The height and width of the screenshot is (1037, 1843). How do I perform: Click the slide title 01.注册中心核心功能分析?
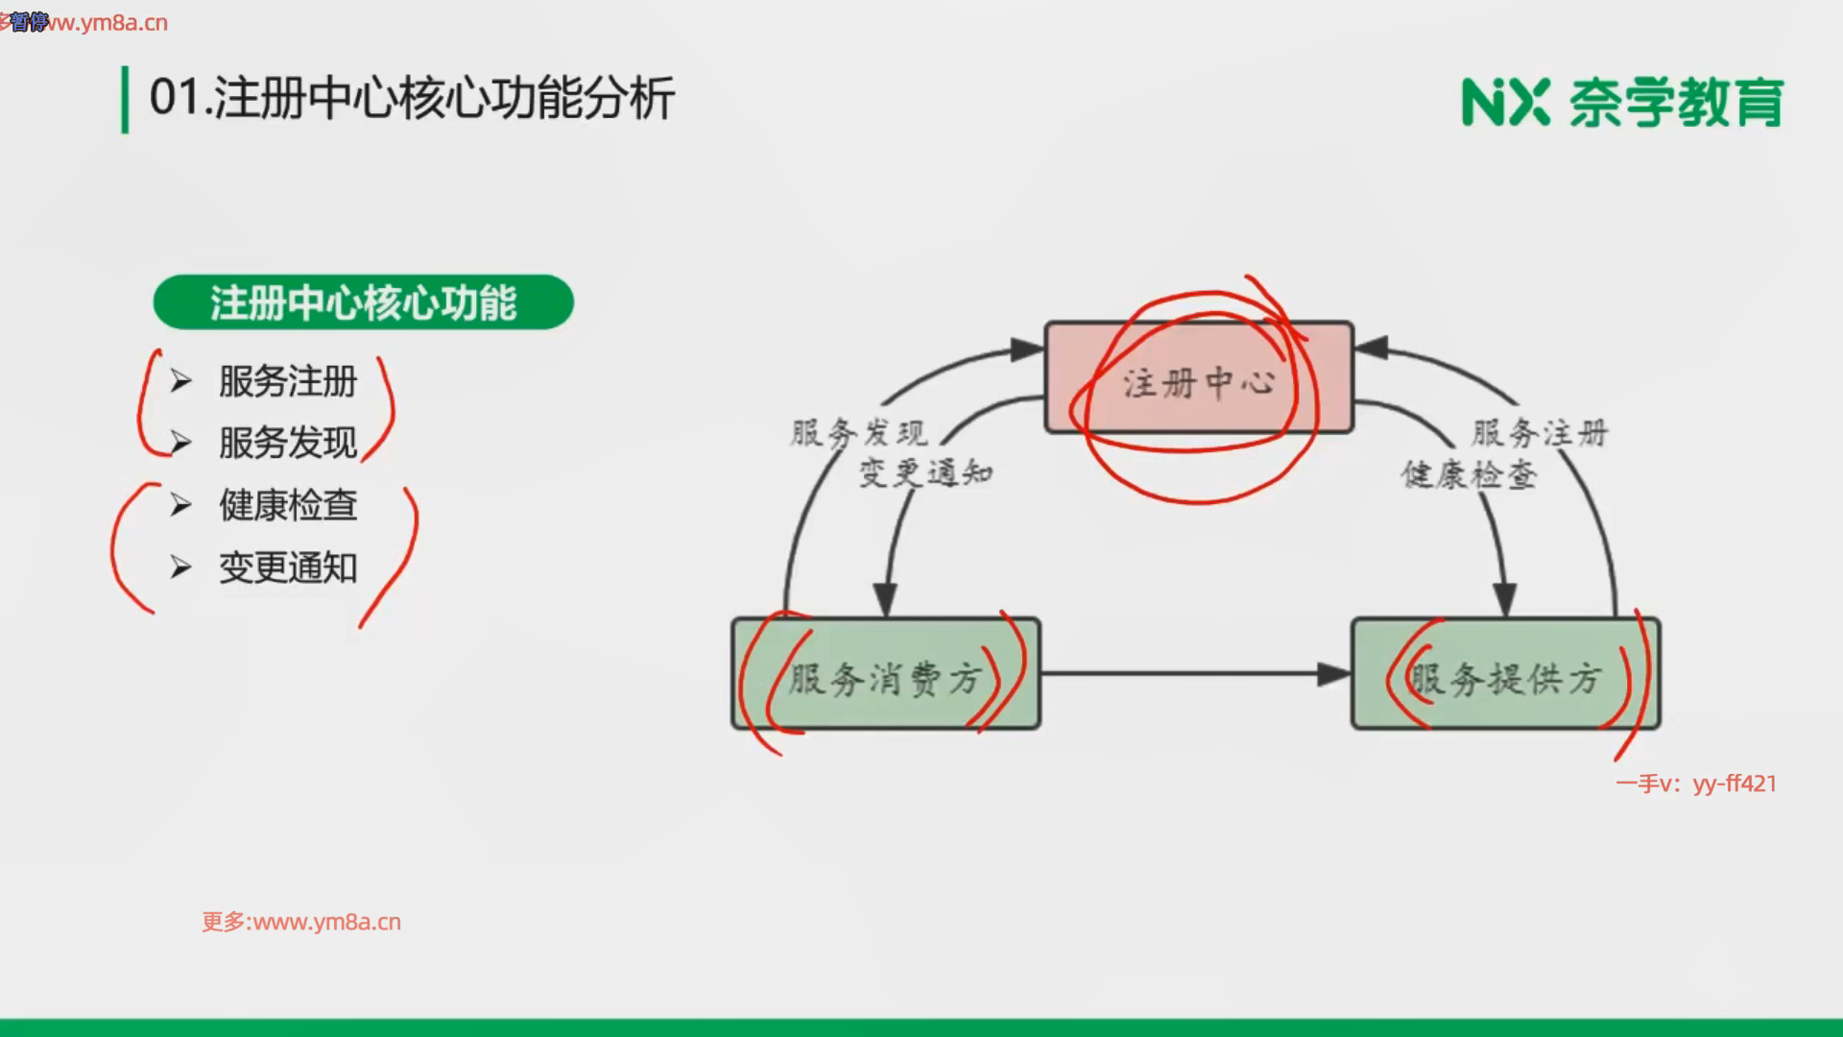(x=412, y=99)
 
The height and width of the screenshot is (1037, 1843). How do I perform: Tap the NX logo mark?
(x=1505, y=102)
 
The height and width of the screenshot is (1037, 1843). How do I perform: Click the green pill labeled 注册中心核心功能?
(x=363, y=302)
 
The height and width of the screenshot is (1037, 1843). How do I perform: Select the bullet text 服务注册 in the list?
(x=288, y=381)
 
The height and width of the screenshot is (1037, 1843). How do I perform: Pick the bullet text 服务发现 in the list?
(x=288, y=443)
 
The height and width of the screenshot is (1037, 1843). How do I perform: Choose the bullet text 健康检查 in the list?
(x=288, y=505)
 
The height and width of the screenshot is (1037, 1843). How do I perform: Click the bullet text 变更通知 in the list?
(x=288, y=567)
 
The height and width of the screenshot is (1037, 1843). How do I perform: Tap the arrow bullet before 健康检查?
(x=180, y=505)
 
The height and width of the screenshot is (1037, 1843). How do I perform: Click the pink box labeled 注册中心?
(x=1199, y=377)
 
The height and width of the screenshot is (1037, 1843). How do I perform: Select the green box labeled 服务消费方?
(x=885, y=674)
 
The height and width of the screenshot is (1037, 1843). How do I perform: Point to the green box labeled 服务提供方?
(x=1505, y=674)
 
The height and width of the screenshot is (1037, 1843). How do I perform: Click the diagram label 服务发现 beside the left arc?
(x=858, y=433)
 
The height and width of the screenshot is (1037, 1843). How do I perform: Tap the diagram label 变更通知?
(x=925, y=472)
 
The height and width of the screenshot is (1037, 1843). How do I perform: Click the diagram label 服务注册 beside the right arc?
(x=1540, y=433)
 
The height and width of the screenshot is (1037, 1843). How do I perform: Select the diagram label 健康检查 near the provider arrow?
(x=1469, y=474)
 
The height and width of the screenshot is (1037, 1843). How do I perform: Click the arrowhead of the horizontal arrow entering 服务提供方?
(x=1334, y=674)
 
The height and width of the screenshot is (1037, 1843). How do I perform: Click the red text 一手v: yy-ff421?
(x=1696, y=784)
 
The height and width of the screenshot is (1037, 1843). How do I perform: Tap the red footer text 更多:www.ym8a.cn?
(x=301, y=922)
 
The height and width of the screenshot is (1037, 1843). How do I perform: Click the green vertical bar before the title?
(x=125, y=100)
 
